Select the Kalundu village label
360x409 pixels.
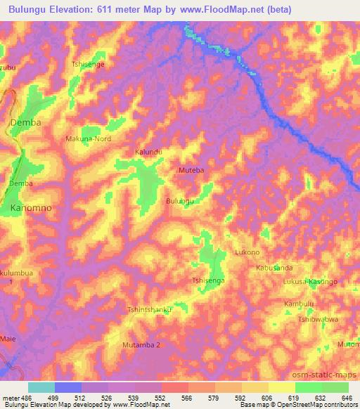(x=148, y=152)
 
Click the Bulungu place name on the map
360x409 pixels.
(x=179, y=201)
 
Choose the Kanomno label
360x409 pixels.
(x=32, y=209)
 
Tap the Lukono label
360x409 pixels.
(x=247, y=252)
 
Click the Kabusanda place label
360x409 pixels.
(x=274, y=268)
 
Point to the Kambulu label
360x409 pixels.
(x=297, y=304)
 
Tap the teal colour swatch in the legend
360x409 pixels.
(x=41, y=387)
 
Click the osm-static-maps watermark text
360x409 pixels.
(x=324, y=373)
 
